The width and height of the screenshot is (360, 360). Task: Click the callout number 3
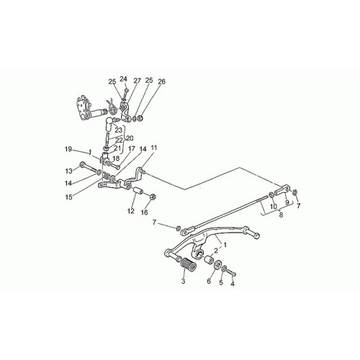pyautogui.click(x=183, y=281)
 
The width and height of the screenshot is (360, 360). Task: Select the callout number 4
pyautogui.click(x=233, y=284)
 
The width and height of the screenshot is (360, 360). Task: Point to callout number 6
pyautogui.click(x=209, y=281)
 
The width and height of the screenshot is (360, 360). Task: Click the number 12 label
pyautogui.click(x=131, y=211)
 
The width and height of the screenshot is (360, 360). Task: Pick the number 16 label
pyautogui.click(x=145, y=212)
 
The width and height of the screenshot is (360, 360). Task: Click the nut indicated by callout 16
pyautogui.click(x=152, y=197)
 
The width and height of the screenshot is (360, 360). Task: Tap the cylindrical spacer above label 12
pyautogui.click(x=138, y=191)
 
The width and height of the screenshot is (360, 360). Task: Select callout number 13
pyautogui.click(x=68, y=171)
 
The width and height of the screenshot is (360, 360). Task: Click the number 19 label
pyautogui.click(x=68, y=149)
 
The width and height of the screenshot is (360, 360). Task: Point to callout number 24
pyautogui.click(x=123, y=78)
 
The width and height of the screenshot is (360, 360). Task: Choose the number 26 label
pyautogui.click(x=161, y=81)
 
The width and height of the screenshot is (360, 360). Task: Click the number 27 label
pyautogui.click(x=137, y=81)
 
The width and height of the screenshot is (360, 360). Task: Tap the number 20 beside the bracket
pyautogui.click(x=130, y=138)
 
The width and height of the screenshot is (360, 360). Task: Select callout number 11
pyautogui.click(x=154, y=148)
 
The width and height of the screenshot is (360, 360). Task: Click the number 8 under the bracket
pyautogui.click(x=281, y=215)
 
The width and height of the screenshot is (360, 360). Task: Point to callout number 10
pyautogui.click(x=274, y=206)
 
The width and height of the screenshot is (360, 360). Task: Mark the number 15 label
pyautogui.click(x=68, y=197)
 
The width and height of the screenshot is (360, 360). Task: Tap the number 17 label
pyautogui.click(x=131, y=149)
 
